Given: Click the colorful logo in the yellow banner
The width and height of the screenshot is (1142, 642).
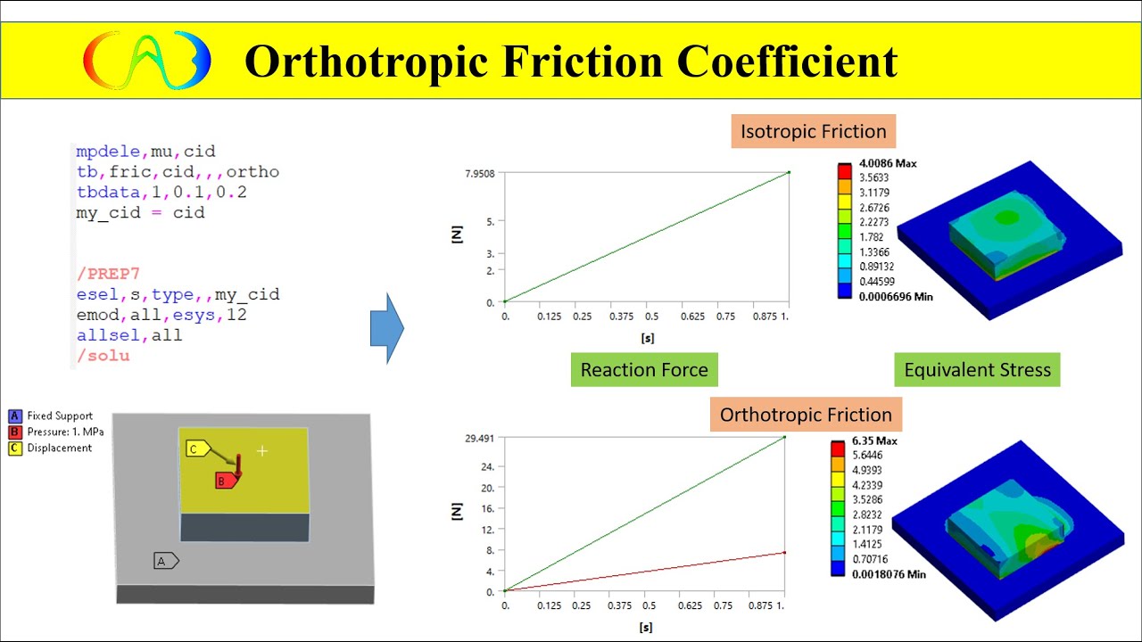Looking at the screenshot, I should [x=147, y=61].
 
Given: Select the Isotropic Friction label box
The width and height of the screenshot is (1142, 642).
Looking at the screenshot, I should [x=813, y=132].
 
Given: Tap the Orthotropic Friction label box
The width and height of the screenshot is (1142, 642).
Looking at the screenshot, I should [x=806, y=415].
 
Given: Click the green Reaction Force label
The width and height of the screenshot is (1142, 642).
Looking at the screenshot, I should [x=643, y=370].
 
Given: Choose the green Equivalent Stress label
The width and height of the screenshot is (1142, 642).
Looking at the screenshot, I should [x=977, y=370].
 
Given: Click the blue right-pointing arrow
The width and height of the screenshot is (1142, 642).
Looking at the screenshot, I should [x=387, y=329].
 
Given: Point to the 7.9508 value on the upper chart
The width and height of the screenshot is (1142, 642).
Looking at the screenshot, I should [x=477, y=173].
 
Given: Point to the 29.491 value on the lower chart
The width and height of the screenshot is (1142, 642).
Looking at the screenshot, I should [x=477, y=439].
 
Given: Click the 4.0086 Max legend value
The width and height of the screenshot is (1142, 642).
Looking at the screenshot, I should [x=888, y=164].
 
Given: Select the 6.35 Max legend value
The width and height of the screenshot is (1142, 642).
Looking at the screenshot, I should [x=878, y=441].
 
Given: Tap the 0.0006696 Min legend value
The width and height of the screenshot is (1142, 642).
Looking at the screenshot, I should [x=895, y=296].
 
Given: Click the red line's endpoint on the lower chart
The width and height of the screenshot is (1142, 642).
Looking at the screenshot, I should [x=784, y=553].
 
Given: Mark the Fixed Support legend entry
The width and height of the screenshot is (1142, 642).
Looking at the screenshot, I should [x=59, y=416].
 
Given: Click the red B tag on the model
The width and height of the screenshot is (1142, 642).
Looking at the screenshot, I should [x=226, y=481].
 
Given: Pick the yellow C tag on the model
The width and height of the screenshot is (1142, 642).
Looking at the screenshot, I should [x=197, y=449].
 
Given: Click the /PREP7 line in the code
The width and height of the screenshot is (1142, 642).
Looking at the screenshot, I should [x=108, y=274].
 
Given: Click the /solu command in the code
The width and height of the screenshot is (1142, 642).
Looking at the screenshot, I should [x=103, y=356].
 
